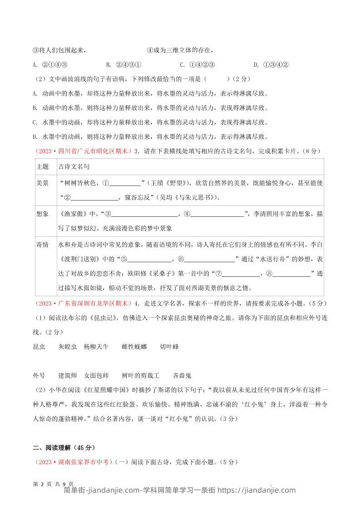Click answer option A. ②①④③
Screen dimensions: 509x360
click(50, 64)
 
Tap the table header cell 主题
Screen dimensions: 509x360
click(42, 166)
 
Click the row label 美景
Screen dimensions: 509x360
click(42, 183)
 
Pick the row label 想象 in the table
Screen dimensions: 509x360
click(42, 214)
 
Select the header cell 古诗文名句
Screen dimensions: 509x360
click(74, 166)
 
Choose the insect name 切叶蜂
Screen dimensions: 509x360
click(169, 347)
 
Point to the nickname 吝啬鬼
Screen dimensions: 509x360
click(182, 376)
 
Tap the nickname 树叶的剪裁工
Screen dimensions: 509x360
click(141, 376)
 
